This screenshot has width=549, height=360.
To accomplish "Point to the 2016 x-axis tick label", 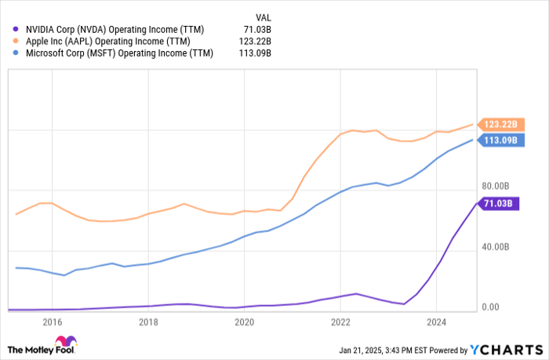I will [53, 322].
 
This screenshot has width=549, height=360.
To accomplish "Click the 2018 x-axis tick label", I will [148, 322].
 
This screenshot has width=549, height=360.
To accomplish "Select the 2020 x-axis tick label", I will [245, 322].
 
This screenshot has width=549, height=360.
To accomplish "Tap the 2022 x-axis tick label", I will [340, 322].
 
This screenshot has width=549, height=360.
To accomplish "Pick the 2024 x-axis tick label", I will [437, 322].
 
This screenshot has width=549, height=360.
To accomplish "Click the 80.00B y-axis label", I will [495, 186].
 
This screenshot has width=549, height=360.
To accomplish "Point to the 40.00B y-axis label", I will [495, 246].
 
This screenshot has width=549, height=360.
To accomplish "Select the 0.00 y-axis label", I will [490, 307].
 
